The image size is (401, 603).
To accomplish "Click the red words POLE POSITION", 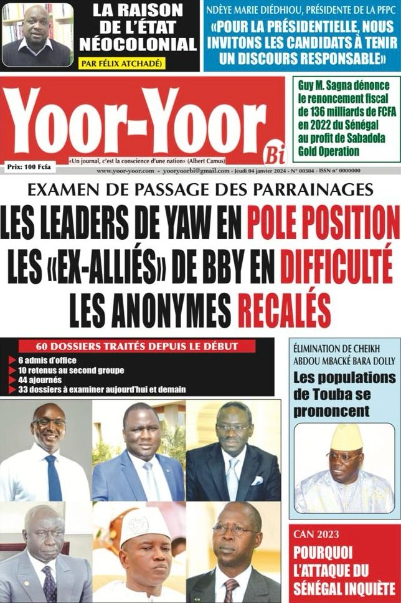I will tap(323, 222).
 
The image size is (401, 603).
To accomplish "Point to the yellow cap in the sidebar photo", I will tap(346, 437).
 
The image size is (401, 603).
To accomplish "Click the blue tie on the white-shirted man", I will tap(54, 477).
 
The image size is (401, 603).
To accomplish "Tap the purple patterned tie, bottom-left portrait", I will tap(49, 583).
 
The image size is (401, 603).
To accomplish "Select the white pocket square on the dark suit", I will tap(257, 480).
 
